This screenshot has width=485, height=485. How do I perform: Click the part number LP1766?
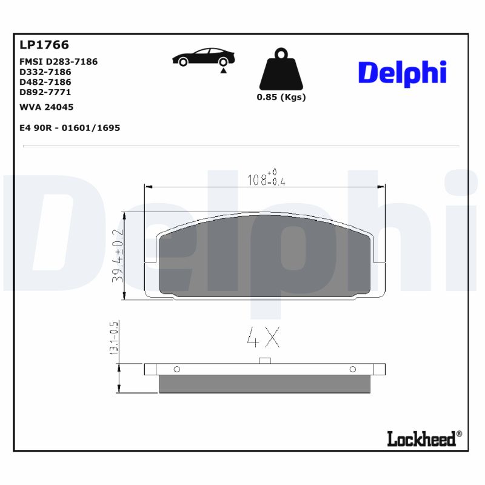[44, 45]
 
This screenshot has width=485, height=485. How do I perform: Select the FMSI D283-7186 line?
[59, 62]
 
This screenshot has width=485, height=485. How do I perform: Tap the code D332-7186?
[45, 72]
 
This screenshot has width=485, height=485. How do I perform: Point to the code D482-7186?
[45, 82]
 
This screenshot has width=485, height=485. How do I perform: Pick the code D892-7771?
[45, 92]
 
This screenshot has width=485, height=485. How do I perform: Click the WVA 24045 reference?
[47, 107]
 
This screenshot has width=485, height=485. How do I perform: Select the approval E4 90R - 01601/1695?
[70, 128]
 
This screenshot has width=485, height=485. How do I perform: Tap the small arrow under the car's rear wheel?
[224, 71]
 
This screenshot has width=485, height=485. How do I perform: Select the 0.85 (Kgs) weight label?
[281, 98]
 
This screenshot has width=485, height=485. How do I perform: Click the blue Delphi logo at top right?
[403, 73]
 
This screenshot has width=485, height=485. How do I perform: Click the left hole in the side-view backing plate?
[176, 369]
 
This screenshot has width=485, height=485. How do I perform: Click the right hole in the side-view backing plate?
[352, 369]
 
